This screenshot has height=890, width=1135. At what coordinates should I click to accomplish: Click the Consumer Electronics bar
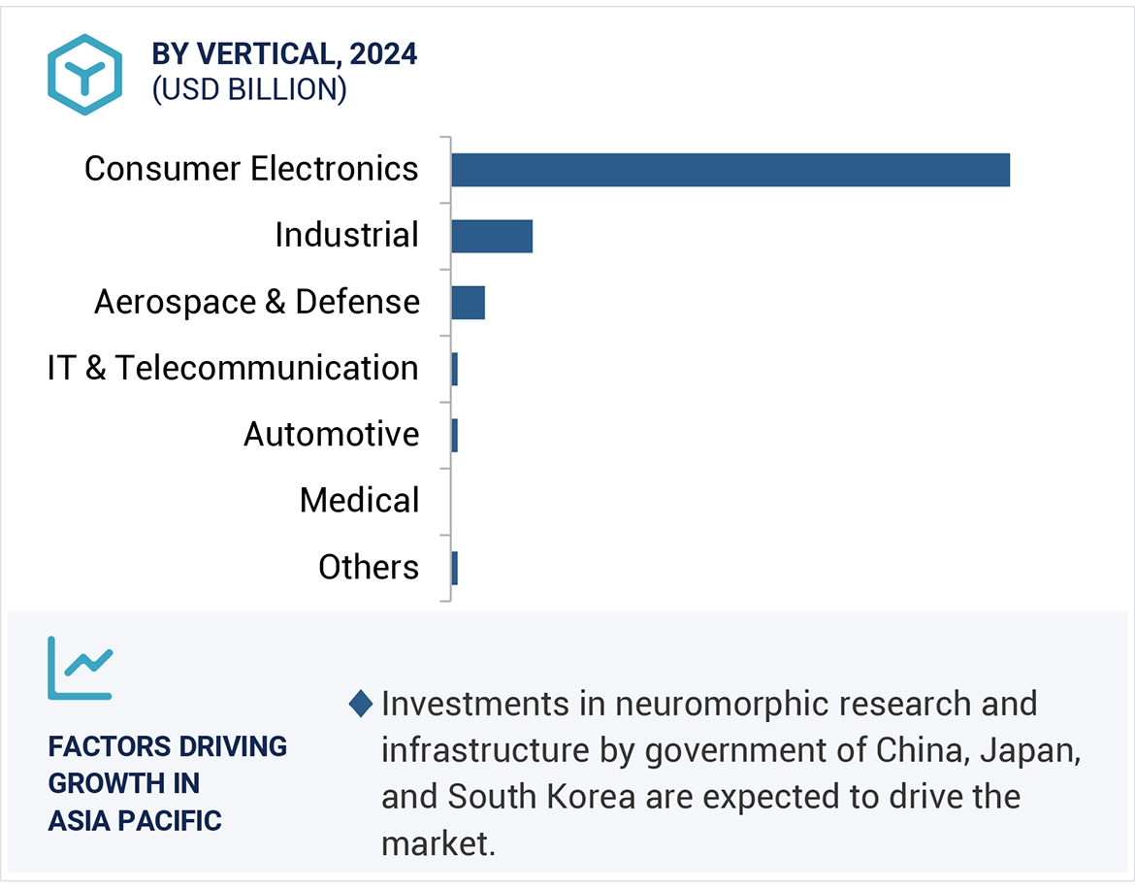click(x=730, y=170)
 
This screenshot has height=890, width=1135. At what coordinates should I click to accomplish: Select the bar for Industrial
click(x=492, y=236)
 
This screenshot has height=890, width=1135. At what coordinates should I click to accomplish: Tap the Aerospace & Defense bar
click(x=468, y=303)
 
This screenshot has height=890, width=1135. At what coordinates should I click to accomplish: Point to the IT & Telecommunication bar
click(x=454, y=369)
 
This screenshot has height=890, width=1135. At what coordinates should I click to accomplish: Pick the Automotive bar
click(x=454, y=435)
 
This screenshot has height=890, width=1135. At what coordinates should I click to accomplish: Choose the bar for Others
click(x=454, y=568)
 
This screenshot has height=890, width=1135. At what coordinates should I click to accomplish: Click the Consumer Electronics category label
click(x=251, y=169)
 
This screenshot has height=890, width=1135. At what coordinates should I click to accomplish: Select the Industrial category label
click(x=346, y=235)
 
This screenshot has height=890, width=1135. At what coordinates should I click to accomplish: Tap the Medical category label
click(x=359, y=501)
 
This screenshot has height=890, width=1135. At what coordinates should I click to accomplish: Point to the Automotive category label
click(x=331, y=434)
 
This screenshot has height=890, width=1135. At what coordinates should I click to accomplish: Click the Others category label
click(x=369, y=567)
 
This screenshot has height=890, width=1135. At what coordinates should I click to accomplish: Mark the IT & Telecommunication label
click(x=233, y=368)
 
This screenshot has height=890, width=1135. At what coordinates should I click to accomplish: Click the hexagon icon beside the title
click(x=84, y=75)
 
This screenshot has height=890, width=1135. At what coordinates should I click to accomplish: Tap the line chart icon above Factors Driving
click(x=81, y=668)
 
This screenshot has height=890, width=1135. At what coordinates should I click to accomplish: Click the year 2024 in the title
click(x=383, y=54)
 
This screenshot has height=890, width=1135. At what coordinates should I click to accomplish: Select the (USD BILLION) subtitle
click(x=249, y=89)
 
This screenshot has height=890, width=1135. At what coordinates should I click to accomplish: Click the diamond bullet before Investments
click(x=361, y=704)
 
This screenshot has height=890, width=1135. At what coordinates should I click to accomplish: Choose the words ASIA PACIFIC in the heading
click(x=135, y=820)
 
